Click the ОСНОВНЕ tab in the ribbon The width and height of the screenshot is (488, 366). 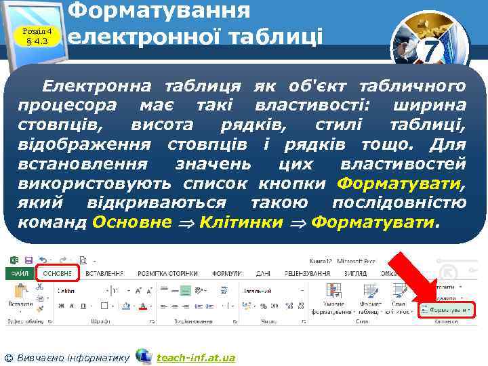click(58, 272)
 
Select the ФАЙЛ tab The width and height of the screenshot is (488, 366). click(20, 272)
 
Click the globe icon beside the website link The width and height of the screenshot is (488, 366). click(144, 356)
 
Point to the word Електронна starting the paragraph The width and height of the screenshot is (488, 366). click(98, 86)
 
